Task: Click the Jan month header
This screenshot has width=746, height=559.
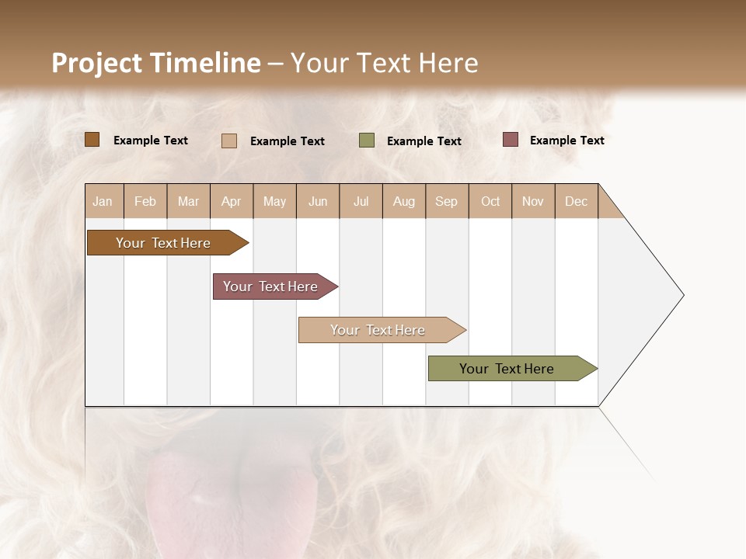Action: pyautogui.click(x=103, y=201)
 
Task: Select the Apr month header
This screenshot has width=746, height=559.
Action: pyautogui.click(x=232, y=201)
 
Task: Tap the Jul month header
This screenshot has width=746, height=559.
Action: pyautogui.click(x=361, y=201)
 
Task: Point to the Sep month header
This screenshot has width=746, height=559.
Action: pyautogui.click(x=446, y=201)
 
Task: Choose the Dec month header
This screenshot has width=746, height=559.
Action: pyautogui.click(x=576, y=201)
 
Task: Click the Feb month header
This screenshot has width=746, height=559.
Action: pyautogui.click(x=145, y=201)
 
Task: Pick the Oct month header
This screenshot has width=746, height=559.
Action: pyautogui.click(x=490, y=201)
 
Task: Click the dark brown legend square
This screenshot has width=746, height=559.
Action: pyautogui.click(x=92, y=140)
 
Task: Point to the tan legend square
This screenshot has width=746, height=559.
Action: pyautogui.click(x=229, y=141)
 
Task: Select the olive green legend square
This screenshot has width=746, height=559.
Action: pyautogui.click(x=367, y=141)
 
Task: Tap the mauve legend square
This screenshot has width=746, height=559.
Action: pyautogui.click(x=511, y=140)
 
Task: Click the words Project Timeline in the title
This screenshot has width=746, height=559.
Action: pyautogui.click(x=156, y=63)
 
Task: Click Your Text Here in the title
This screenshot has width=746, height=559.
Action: pyautogui.click(x=384, y=63)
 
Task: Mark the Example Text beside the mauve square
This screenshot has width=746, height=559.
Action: pyautogui.click(x=566, y=141)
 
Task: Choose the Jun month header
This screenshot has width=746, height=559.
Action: pyautogui.click(x=318, y=201)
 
